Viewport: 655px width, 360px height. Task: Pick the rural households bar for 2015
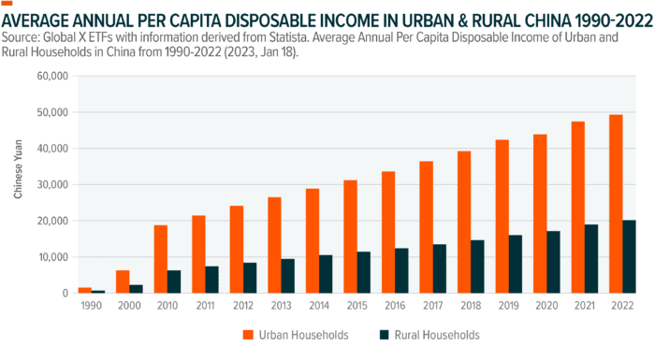pos(364,272)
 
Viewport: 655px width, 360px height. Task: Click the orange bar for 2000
pos(123,281)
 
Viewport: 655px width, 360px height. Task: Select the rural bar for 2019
pos(517,264)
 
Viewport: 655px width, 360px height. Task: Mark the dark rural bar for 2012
pos(250,278)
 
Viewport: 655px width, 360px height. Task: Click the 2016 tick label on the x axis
pos(395,305)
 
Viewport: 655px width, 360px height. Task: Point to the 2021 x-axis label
pos(585,305)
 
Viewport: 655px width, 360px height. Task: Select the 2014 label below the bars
pos(319,305)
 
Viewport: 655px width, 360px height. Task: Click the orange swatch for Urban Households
pos(249,335)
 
